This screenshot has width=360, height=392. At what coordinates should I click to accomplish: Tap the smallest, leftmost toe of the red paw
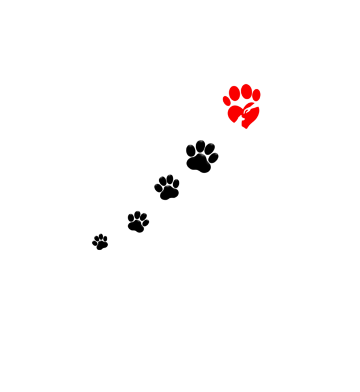click(227, 101)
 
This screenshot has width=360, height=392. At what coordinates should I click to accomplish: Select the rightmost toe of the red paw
click(257, 95)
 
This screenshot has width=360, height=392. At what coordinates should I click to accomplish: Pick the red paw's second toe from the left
click(235, 93)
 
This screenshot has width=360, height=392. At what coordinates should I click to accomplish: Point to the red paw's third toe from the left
click(246, 91)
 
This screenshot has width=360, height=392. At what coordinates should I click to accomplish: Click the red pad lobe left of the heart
click(234, 114)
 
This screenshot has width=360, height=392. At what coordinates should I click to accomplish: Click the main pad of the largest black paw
click(200, 164)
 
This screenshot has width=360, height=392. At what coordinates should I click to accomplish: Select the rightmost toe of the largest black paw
click(213, 157)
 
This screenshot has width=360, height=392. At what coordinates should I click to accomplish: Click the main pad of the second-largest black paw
click(168, 193)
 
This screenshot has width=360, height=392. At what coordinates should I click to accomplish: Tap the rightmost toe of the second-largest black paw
click(176, 184)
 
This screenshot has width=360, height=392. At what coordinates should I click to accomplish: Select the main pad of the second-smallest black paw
click(138, 227)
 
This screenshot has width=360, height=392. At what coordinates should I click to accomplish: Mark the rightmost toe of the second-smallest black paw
click(146, 222)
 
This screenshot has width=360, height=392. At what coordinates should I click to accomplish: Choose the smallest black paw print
click(100, 242)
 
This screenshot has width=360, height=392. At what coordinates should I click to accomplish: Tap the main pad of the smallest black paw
click(101, 245)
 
